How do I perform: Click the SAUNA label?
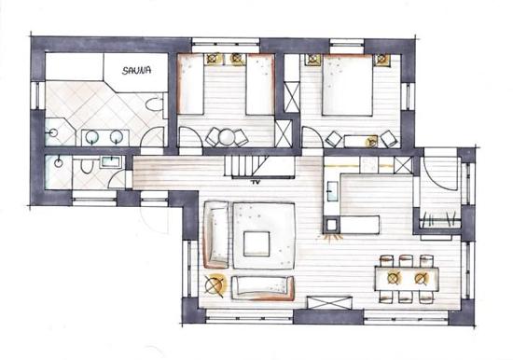tap(136, 70)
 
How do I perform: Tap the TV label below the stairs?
tap(255, 182)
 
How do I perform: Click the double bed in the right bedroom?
tap(348, 85)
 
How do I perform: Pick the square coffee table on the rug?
tap(256, 243)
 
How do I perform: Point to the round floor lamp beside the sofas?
tap(215, 284)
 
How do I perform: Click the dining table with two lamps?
tap(407, 279)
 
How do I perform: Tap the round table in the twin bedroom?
tap(226, 137)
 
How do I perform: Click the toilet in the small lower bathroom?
tap(86, 166)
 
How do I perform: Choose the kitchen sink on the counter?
tap(331, 190)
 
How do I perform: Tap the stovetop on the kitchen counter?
tap(368, 164)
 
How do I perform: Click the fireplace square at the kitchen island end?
tap(332, 225)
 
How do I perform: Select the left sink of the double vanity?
tap(92, 137)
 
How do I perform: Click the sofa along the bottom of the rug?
tap(263, 288)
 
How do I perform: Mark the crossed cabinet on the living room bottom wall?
tap(330, 302)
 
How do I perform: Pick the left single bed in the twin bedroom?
tap(190, 85)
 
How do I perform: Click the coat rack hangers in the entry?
tap(439, 219)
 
